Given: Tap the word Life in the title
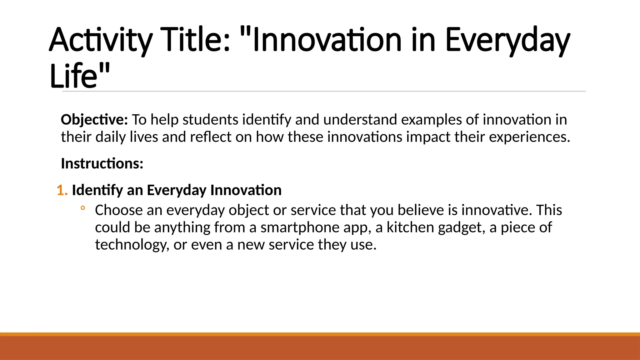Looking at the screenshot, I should click(x=74, y=76).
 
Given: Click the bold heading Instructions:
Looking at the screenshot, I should click(x=102, y=163).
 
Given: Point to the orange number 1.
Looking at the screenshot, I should click(x=62, y=190).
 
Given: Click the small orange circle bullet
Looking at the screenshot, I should click(x=82, y=208).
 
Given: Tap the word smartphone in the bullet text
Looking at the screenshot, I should click(x=300, y=228).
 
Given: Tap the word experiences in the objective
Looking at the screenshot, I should click(x=529, y=137).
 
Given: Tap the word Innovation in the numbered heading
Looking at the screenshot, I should click(x=246, y=190).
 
